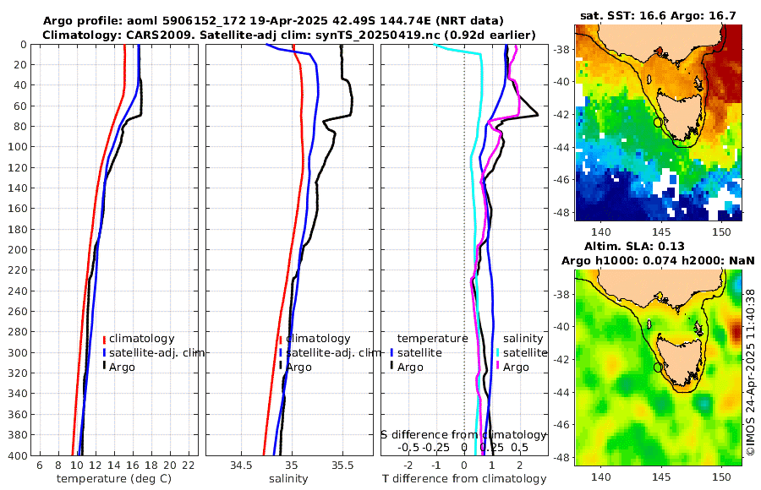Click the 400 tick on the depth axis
click(17, 455)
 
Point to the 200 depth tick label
click(17, 250)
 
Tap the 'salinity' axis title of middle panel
click(288, 479)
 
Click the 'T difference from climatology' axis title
click(464, 479)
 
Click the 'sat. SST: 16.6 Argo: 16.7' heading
click(660, 15)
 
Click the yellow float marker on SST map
click(658, 122)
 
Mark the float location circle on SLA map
click(658, 367)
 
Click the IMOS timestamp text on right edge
click(751, 372)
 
